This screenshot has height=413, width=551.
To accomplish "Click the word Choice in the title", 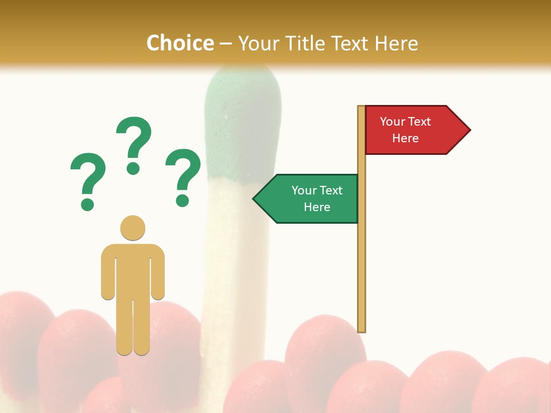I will tap(180, 43).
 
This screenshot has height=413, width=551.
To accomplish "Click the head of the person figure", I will tap(133, 228).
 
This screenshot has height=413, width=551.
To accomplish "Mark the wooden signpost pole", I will tap(362, 258).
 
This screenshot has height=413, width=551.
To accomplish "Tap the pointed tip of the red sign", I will tap(468, 130).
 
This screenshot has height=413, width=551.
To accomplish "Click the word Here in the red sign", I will tap(405, 138).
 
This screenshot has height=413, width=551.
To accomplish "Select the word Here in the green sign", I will tap(317, 207).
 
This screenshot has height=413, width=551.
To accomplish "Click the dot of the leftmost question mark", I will tap(87, 204).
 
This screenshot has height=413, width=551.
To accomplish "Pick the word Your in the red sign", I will tap(393, 122).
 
